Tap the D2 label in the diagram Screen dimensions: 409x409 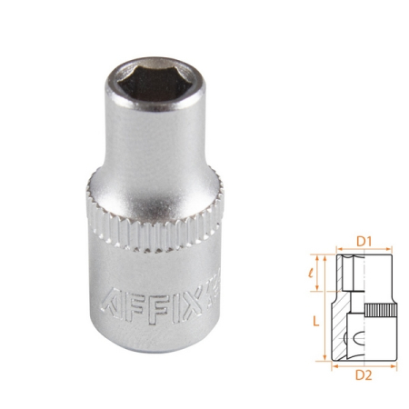point(366,372)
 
